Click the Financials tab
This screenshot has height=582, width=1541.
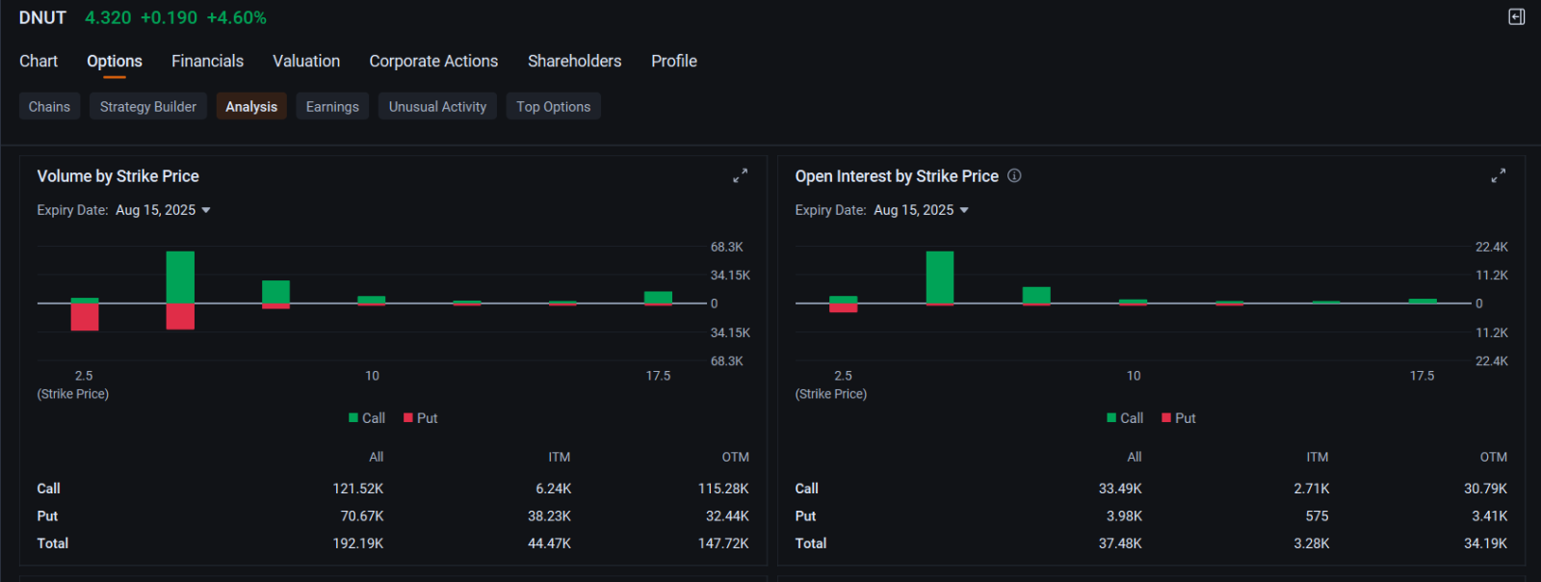tap(207, 61)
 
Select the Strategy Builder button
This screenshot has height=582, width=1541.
tap(147, 106)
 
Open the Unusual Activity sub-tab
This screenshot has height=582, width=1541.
tap(437, 106)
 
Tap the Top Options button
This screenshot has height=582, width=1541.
tap(553, 106)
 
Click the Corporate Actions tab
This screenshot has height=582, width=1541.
tap(433, 61)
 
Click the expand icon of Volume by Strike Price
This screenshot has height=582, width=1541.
tap(740, 175)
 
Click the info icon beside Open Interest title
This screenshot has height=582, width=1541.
tap(1014, 175)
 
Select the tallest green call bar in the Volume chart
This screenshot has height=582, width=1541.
tap(180, 277)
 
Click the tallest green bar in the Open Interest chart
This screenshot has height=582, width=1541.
tap(939, 277)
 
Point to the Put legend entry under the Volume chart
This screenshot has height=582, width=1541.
tap(421, 418)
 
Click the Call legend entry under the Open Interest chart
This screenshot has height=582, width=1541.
tap(1125, 418)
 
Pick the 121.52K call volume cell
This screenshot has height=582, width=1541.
tap(357, 489)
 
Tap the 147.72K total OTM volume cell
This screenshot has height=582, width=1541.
tap(722, 543)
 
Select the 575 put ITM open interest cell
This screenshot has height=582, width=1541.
tap(1317, 516)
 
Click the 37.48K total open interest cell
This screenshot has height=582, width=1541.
tap(1119, 543)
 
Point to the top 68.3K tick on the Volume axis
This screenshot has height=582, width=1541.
tap(726, 247)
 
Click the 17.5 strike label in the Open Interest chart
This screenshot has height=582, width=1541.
tap(1422, 376)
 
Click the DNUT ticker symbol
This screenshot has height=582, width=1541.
tap(42, 17)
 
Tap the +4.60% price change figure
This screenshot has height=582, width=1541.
tap(236, 17)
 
